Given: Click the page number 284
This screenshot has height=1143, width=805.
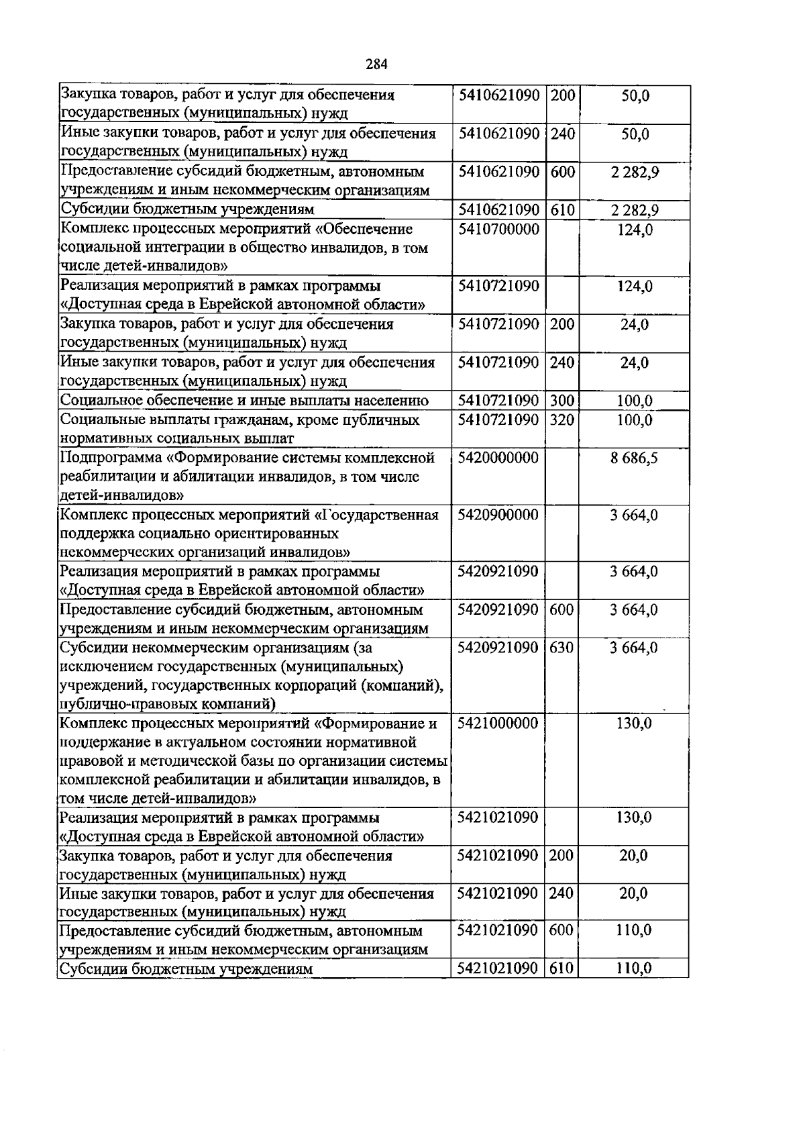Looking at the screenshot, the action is pyautogui.click(x=376, y=64).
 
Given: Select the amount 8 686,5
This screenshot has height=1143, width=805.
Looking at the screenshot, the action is pyautogui.click(x=634, y=458).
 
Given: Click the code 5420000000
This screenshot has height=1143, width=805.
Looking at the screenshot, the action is pyautogui.click(x=498, y=458).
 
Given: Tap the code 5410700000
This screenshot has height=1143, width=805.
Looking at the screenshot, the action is pyautogui.click(x=498, y=230).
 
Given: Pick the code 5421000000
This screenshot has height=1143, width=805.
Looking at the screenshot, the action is pyautogui.click(x=498, y=724).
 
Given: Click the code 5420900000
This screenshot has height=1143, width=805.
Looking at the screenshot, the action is pyautogui.click(x=498, y=515).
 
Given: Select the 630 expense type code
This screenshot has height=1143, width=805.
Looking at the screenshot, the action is pyautogui.click(x=561, y=648).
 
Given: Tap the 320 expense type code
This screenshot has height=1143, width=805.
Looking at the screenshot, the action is pyautogui.click(x=561, y=420).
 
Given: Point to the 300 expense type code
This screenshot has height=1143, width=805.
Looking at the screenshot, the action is pyautogui.click(x=561, y=401).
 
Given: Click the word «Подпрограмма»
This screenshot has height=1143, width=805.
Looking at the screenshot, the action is pyautogui.click(x=111, y=458).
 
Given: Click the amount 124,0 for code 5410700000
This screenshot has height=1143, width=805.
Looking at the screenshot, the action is pyautogui.click(x=634, y=230).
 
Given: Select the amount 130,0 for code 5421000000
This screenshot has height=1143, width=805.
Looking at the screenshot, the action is pyautogui.click(x=634, y=724).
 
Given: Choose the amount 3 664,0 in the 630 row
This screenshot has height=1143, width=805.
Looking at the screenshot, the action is pyautogui.click(x=634, y=648).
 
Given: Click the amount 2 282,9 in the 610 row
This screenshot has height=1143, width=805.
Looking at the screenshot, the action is pyautogui.click(x=634, y=211).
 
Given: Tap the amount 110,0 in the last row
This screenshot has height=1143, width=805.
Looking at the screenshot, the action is pyautogui.click(x=634, y=968).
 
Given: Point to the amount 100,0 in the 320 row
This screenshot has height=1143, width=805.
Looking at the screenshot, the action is pyautogui.click(x=634, y=420).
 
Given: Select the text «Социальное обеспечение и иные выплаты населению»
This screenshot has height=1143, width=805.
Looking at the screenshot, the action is pyautogui.click(x=244, y=401).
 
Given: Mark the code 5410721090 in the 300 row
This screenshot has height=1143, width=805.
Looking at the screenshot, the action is pyautogui.click(x=498, y=401).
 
